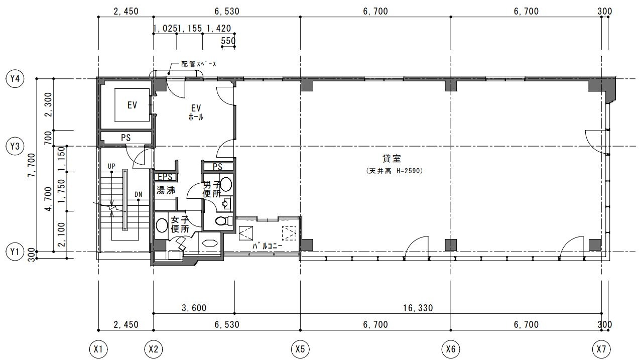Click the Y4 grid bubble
(15, 79)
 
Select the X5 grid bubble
(300, 349)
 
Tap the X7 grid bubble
(601, 349)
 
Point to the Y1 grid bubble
(15, 252)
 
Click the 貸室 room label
(392, 159)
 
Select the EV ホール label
(196, 112)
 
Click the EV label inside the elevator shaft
(132, 105)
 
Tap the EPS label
(165, 177)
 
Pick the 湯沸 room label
(166, 190)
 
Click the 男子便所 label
(211, 189)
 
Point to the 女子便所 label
(180, 224)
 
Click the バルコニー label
(268, 246)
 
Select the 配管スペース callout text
(199, 64)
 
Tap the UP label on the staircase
(111, 166)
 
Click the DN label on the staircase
(138, 195)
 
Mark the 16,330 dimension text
(418, 308)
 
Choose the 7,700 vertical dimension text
(32, 165)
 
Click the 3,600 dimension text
(194, 308)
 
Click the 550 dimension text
(228, 41)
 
